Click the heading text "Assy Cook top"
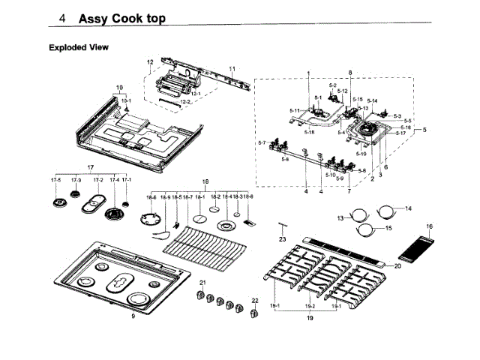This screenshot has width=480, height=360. (x=123, y=17)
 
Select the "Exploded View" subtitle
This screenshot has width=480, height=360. (x=79, y=47)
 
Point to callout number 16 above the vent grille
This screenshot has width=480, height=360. (x=430, y=226)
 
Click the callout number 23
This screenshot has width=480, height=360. (x=283, y=238)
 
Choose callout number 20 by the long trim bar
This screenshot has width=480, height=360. (x=398, y=265)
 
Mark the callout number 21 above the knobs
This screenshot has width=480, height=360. (x=202, y=282)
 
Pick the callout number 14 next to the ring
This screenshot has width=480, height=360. (x=409, y=208)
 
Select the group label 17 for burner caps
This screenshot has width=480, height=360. (x=91, y=166)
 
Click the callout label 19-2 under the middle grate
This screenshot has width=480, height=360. (x=309, y=307)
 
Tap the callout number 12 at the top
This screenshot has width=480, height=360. (x=150, y=61)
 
